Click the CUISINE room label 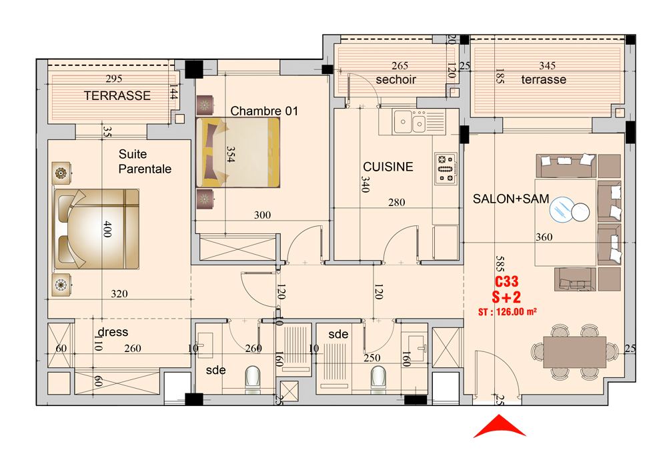[388, 167]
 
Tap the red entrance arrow [500, 427]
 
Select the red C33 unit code [507, 281]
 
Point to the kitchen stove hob [446, 169]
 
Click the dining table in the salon [574, 351]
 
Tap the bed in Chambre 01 [238, 152]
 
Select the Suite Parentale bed [97, 229]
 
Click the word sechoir [396, 79]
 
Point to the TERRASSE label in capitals [117, 95]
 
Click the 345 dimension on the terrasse [547, 65]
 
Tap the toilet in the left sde [253, 377]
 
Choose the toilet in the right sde [378, 377]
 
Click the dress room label [113, 332]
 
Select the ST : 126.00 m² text [507, 311]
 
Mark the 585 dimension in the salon [500, 263]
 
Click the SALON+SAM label [511, 199]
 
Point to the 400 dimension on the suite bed [107, 229]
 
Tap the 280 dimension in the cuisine [396, 203]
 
